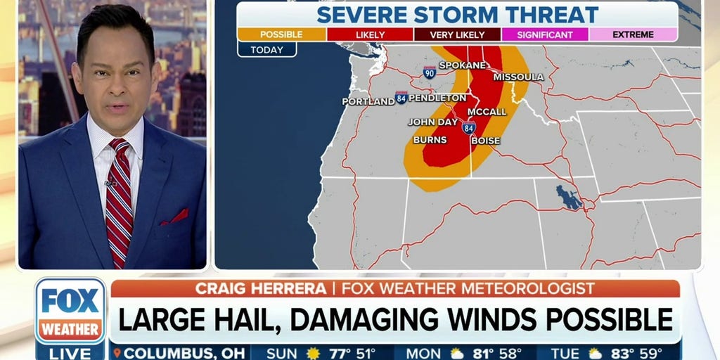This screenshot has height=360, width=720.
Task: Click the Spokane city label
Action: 463,65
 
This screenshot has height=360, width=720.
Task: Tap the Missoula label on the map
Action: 519,76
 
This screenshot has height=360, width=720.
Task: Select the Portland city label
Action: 368,101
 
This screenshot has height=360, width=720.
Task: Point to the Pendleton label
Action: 437,97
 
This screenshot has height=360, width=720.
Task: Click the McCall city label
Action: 487,111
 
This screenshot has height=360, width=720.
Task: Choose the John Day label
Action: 433,122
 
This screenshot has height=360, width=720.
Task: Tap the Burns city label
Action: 430,140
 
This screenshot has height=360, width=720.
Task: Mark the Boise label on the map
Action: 485,141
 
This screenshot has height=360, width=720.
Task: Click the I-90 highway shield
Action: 430,72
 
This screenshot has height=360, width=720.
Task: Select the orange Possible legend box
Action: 281,34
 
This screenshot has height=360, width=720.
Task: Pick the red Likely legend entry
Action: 369,34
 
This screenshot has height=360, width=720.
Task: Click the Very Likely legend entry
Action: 457,34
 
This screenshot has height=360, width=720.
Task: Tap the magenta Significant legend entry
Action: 545,34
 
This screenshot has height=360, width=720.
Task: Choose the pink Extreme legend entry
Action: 633,34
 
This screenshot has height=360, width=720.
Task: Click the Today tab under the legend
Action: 266,49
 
